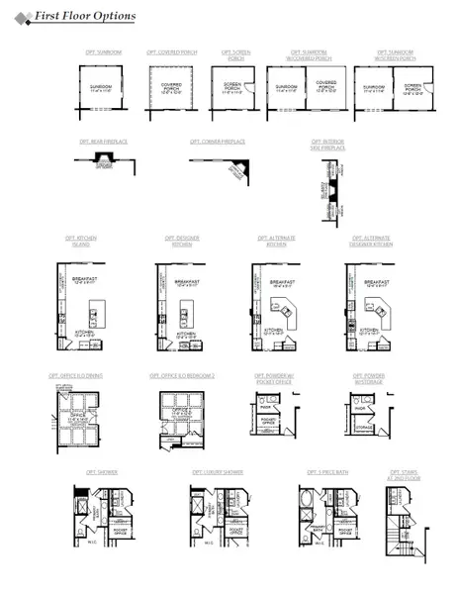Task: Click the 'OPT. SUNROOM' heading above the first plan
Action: pos(103,51)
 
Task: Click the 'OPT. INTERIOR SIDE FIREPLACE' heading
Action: pos(327,145)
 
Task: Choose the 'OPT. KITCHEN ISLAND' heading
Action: pos(81,241)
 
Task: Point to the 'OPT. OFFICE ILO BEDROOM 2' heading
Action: pos(182,376)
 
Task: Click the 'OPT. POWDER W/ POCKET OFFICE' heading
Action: pos(275,379)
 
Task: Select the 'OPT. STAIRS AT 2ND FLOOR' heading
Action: pos(405,475)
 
